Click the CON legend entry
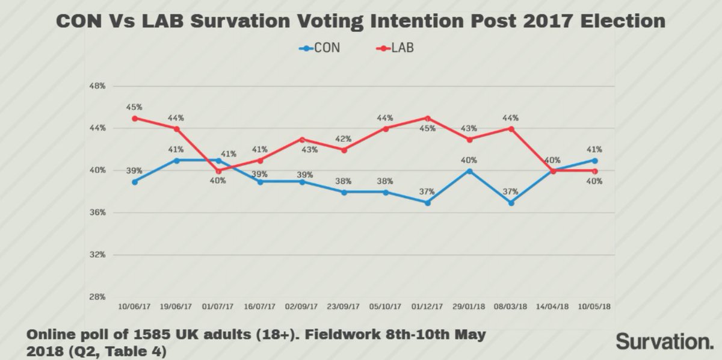click(x=319, y=48)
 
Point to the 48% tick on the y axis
click(x=97, y=86)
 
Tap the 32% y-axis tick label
click(x=97, y=255)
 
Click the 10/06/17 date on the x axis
click(x=134, y=307)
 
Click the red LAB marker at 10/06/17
click(x=134, y=118)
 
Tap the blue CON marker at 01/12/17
click(x=427, y=203)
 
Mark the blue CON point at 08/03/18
click(x=511, y=203)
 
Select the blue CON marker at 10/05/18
click(x=594, y=160)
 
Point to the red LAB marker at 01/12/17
click(x=427, y=118)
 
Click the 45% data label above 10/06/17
click(x=134, y=107)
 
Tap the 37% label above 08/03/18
click(x=511, y=191)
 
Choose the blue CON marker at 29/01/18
click(x=469, y=171)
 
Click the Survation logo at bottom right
click(x=664, y=341)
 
